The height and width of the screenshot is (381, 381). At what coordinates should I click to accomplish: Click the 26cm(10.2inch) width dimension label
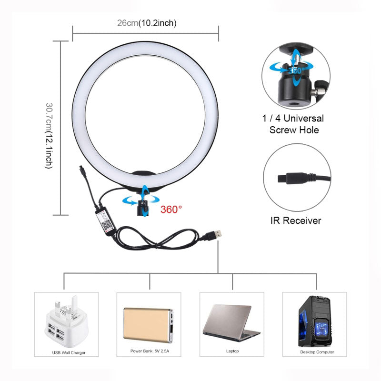click(x=147, y=23)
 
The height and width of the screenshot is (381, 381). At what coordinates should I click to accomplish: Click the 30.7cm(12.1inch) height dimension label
click(x=49, y=135)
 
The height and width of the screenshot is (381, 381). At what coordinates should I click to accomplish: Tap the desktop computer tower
click(x=314, y=321)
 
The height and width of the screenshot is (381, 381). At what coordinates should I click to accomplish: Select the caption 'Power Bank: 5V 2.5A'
click(x=149, y=352)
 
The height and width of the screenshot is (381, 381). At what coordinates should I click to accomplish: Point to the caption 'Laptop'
click(x=232, y=352)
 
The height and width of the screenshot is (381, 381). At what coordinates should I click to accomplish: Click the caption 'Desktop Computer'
click(x=317, y=352)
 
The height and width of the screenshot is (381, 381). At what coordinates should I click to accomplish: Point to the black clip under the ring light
click(x=142, y=205)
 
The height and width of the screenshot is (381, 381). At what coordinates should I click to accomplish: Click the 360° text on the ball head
click(x=297, y=70)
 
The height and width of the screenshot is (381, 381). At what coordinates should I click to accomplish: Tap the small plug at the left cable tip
click(x=81, y=169)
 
